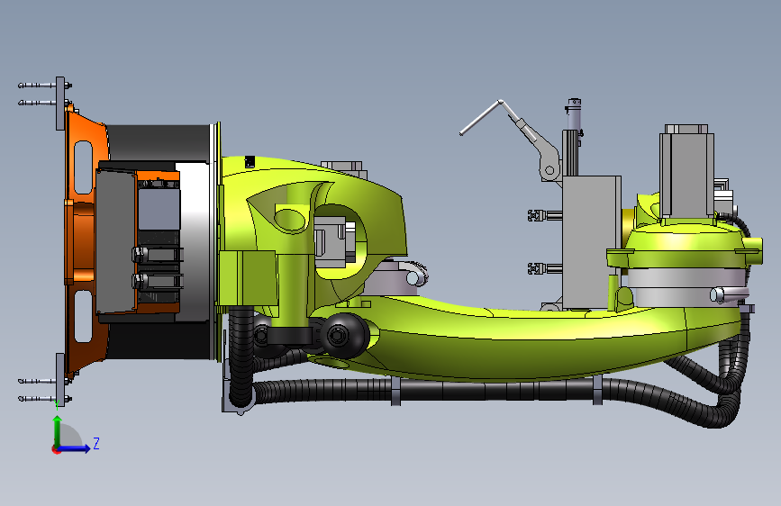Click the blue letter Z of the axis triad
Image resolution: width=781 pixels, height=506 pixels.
click(96, 443)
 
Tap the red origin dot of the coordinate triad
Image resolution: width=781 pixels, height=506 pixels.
click(56, 449)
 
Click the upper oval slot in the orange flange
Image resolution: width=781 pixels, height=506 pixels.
click(83, 167)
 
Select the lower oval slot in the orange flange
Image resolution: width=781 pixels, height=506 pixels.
click(83, 316)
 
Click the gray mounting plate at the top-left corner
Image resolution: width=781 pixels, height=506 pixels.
click(60, 104)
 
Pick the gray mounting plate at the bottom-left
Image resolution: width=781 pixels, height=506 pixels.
click(60, 380)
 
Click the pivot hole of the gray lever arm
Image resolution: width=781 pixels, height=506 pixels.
click(549, 170)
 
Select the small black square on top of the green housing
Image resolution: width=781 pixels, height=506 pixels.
click(250, 161)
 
